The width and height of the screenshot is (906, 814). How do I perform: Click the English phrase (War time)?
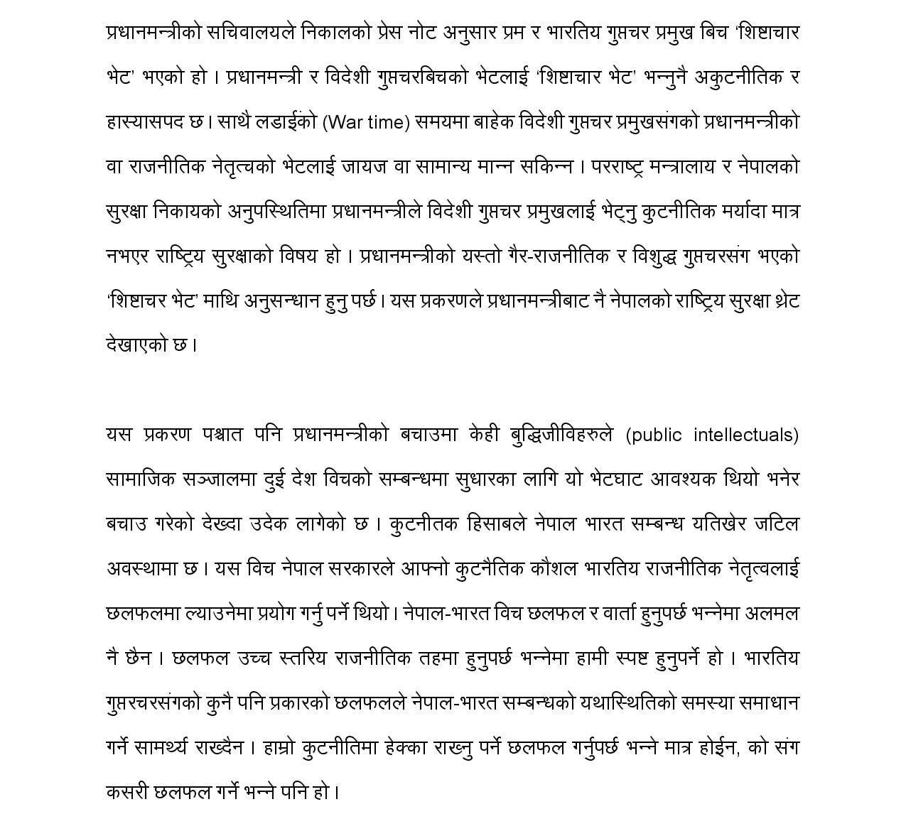point(367,122)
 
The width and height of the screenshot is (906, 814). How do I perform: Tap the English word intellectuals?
point(746,435)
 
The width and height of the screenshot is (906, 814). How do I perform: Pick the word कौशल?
point(553,569)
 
